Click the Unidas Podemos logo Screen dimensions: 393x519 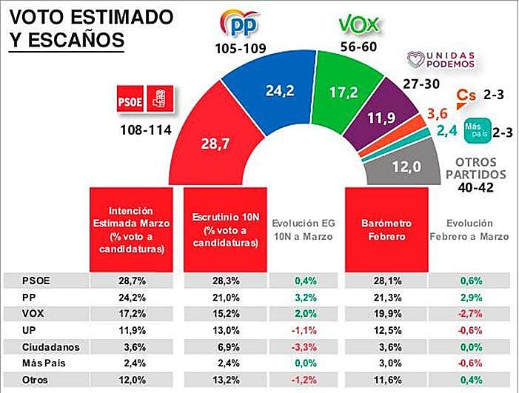(441, 60)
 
